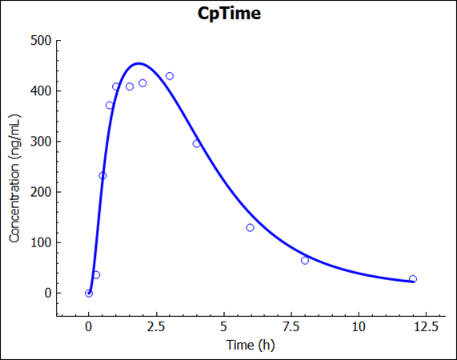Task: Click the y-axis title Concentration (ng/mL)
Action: (14, 177)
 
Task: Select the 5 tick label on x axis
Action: (223, 326)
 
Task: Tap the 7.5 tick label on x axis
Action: (291, 326)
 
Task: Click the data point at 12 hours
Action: (412, 279)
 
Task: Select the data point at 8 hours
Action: (305, 260)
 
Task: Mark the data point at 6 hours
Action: (251, 227)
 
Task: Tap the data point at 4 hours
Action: (196, 144)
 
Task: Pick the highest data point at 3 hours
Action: (170, 76)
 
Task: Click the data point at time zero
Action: (89, 293)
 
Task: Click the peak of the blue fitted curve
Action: (138, 63)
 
